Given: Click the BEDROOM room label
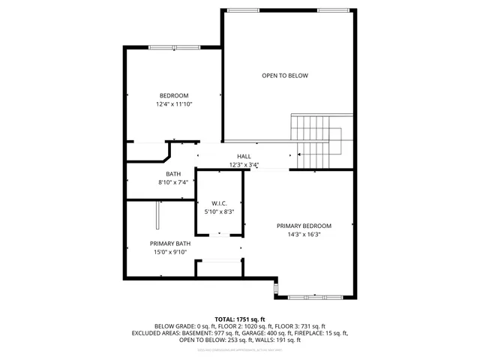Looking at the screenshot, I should pos(173,95).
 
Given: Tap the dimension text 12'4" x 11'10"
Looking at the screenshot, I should pos(173,105).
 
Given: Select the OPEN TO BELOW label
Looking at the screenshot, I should pos(285,76).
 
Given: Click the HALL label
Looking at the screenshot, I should pos(244,156).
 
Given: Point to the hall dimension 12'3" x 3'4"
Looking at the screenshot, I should pos(244,165).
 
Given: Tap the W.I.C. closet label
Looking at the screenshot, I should pos(220,202).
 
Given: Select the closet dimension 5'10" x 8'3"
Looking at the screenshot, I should pos(220,212).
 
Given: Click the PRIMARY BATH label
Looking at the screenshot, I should pos(170,243).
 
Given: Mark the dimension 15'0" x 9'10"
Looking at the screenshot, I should pos(170,253).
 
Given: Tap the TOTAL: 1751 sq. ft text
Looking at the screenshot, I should pos(239,318).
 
